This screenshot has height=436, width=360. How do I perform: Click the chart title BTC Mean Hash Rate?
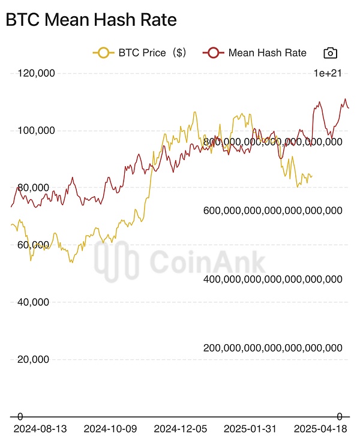[x=91, y=20]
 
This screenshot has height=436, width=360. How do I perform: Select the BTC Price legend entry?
[x=140, y=53]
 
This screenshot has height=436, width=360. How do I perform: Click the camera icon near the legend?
[x=330, y=53]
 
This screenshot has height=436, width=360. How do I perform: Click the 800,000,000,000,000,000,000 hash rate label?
[x=273, y=142]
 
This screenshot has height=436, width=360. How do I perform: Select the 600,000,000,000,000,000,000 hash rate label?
[x=273, y=211]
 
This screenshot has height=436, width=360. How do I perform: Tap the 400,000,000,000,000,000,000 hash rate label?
[x=273, y=279]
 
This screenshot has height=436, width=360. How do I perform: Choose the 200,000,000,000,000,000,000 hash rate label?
[x=273, y=348]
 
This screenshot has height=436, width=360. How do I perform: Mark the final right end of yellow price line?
[x=311, y=176]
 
